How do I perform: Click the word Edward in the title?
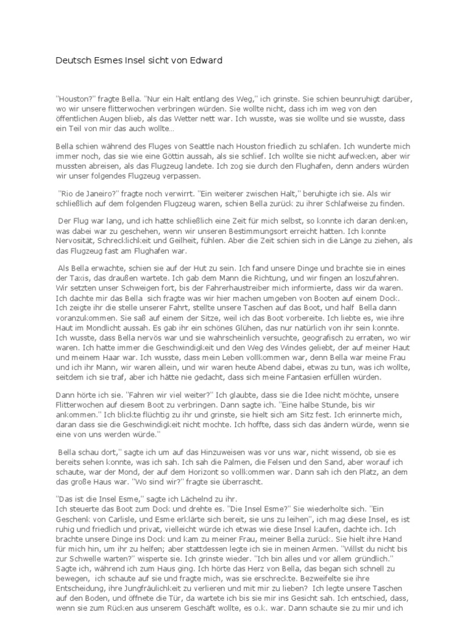[205, 60]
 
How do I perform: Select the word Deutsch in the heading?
[73, 60]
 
